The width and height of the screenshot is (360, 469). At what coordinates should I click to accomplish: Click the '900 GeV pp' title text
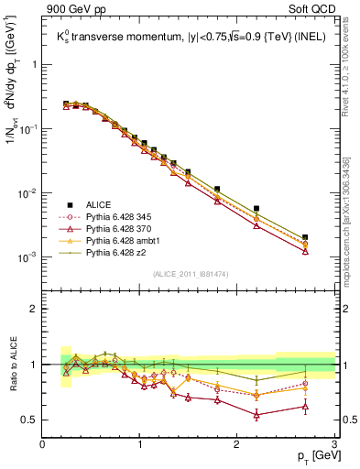point(75,9)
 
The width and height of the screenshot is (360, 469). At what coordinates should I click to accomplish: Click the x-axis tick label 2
point(237,444)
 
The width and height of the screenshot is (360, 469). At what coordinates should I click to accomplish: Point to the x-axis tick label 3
point(334,444)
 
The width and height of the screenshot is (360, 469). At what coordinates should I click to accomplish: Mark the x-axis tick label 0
point(43,444)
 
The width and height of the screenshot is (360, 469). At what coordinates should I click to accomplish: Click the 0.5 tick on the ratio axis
point(29,420)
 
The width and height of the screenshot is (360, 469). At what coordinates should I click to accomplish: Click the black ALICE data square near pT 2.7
point(305,237)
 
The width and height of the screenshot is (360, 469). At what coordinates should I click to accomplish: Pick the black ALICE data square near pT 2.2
point(256,209)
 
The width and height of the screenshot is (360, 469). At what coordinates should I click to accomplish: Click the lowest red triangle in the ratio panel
point(256,415)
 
